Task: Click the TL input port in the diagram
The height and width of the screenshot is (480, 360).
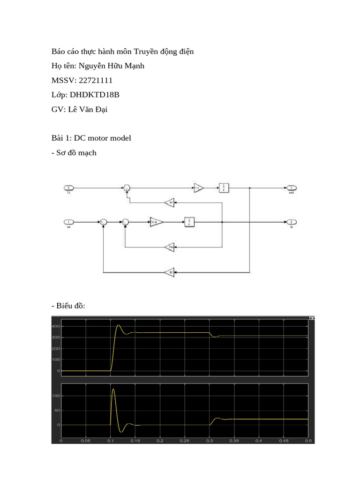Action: click(68, 188)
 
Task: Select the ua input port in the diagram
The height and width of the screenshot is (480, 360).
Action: click(68, 222)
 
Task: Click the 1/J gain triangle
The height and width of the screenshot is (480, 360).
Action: click(199, 188)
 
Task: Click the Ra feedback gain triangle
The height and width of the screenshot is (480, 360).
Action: click(170, 247)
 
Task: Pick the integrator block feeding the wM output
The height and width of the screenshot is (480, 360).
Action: click(224, 188)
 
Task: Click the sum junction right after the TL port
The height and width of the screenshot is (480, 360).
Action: click(126, 188)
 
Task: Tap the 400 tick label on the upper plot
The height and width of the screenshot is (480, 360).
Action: click(56, 326)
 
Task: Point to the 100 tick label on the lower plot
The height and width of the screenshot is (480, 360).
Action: click(56, 396)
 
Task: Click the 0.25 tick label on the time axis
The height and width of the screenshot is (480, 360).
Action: click(185, 441)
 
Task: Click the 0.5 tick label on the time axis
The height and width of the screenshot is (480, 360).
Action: click(308, 441)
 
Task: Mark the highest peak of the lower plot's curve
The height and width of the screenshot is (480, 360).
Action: click(113, 390)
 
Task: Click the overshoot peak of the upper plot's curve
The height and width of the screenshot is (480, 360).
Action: click(118, 325)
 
